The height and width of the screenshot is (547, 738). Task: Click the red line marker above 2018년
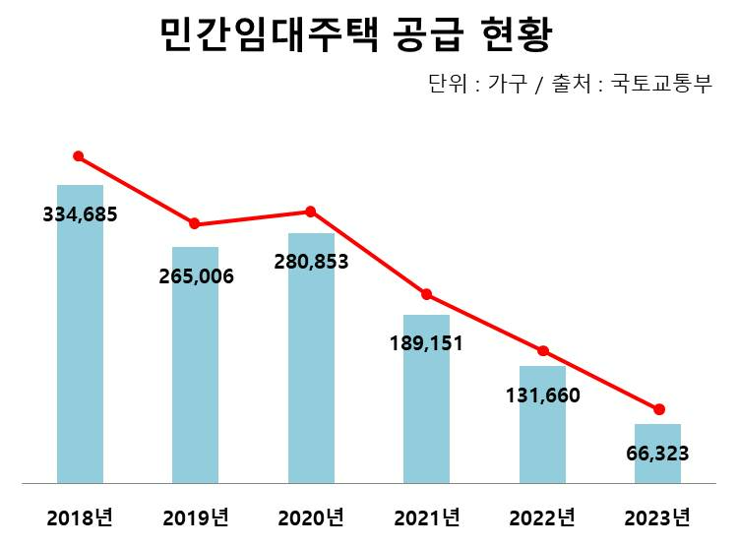click(x=79, y=156)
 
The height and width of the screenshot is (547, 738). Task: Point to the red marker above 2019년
click(x=195, y=224)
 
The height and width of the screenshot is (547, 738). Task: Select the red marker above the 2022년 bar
click(x=542, y=351)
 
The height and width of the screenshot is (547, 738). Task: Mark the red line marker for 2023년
click(x=658, y=409)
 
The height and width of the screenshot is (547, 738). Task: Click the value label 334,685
click(x=80, y=213)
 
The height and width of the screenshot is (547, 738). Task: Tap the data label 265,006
click(x=196, y=276)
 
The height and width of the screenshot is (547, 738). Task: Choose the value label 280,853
click(x=311, y=263)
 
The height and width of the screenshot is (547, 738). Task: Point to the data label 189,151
click(x=426, y=343)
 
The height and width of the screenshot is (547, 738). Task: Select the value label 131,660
click(x=542, y=396)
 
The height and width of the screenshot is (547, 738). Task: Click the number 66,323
click(x=657, y=454)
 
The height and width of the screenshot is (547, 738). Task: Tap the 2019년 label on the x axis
click(x=196, y=517)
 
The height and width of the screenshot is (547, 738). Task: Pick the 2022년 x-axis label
click(x=542, y=517)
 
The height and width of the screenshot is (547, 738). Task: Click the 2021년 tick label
click(x=426, y=517)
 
